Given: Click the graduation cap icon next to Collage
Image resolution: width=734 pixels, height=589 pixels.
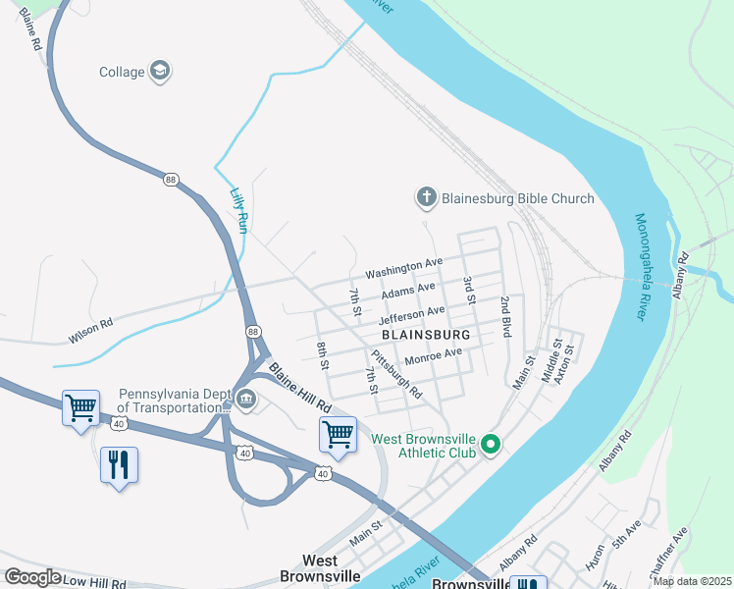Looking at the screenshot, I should [x=160, y=71].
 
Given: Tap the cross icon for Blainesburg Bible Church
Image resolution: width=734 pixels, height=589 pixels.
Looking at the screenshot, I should [x=427, y=198].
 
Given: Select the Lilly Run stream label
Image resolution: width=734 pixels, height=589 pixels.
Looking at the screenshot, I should [x=237, y=210].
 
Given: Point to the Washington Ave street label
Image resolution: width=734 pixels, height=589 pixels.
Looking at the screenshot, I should [x=404, y=266].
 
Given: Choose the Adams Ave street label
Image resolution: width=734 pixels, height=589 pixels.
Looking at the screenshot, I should [x=408, y=291].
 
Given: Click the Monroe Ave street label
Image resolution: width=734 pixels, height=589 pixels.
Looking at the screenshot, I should [x=433, y=355].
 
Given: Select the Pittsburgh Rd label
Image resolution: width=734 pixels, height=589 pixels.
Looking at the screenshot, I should [x=396, y=376].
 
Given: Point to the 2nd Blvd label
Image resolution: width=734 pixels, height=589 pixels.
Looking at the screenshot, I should [x=505, y=317].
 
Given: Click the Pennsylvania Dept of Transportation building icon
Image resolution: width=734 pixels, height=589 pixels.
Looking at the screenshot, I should [x=242, y=399].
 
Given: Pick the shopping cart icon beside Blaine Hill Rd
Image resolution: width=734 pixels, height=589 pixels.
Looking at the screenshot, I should [x=338, y=433].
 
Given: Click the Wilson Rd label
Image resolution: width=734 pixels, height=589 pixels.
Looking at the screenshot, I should [x=90, y=330].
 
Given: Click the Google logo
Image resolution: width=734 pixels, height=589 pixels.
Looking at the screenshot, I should [x=32, y=577].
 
